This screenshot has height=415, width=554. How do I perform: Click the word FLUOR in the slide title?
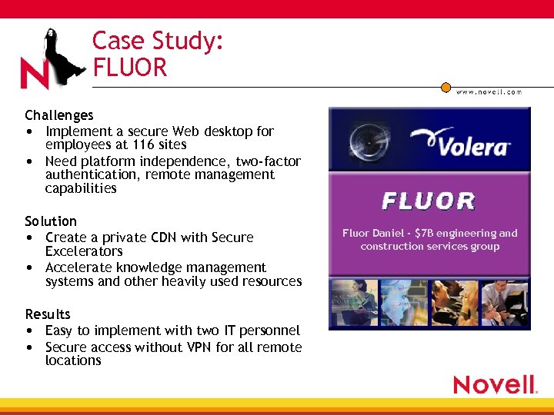[x=129, y=68]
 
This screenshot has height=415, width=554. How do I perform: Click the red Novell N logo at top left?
[x=34, y=75]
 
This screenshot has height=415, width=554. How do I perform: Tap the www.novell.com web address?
[x=489, y=91]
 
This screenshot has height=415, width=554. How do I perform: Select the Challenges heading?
[x=59, y=115]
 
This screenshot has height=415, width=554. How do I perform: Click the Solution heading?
[x=51, y=221]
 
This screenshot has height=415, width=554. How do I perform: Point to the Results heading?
[x=48, y=314]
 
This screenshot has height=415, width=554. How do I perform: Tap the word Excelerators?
[x=84, y=251]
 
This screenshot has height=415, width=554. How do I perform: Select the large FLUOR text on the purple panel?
[x=429, y=201]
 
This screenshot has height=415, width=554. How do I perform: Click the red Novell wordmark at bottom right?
[x=494, y=385]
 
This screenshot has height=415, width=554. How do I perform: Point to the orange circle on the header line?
[x=446, y=87]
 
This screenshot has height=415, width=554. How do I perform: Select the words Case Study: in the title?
[x=158, y=41]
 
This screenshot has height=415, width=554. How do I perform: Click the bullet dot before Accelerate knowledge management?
[x=28, y=268]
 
